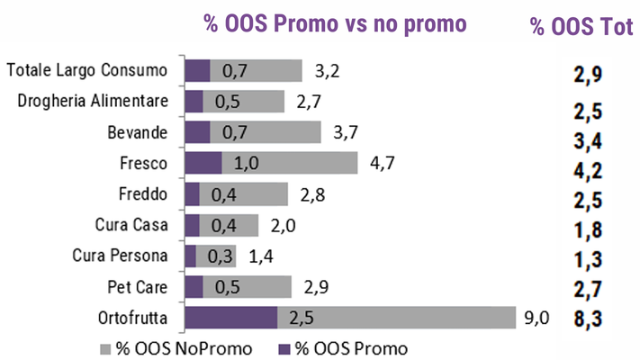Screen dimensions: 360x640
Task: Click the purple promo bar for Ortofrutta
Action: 230,319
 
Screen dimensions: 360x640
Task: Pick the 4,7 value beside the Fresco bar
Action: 383,163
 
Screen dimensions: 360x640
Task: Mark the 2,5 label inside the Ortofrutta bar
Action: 302,319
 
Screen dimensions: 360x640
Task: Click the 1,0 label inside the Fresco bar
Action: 246,163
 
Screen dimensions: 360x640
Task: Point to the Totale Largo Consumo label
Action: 86,70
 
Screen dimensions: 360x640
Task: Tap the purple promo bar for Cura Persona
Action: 190,256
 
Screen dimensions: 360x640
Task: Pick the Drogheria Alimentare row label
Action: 94,101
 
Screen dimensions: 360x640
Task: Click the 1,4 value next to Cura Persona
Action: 261,256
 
